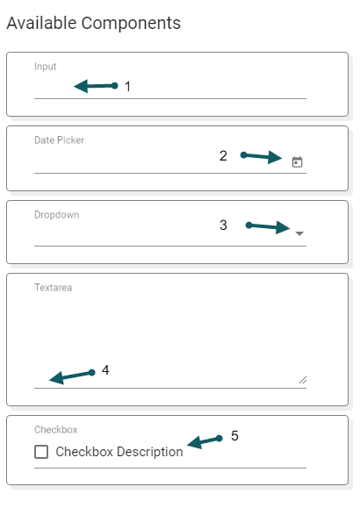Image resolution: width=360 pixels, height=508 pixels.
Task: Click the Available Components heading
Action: click(94, 24)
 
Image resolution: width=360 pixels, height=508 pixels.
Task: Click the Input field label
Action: click(45, 67)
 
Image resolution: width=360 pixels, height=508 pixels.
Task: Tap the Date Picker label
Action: click(59, 140)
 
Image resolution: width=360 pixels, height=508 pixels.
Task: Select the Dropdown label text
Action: click(57, 215)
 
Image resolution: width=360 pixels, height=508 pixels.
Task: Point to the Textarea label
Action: click(54, 288)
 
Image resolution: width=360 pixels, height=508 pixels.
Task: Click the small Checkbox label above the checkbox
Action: click(56, 430)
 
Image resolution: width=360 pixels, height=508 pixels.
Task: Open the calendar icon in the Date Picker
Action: click(297, 161)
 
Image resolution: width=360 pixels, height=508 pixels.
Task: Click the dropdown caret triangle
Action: click(299, 233)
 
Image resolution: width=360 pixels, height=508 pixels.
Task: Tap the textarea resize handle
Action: click(303, 380)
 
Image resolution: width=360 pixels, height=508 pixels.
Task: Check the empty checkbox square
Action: click(41, 452)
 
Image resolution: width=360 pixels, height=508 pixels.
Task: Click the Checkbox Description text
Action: click(119, 452)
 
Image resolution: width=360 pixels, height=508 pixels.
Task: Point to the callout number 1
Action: click(128, 87)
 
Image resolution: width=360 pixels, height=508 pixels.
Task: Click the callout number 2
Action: click(223, 156)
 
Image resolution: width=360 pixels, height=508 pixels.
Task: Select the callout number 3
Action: click(223, 225)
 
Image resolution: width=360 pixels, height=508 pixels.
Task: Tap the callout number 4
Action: click(105, 370)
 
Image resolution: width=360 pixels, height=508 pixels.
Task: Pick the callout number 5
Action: click(234, 436)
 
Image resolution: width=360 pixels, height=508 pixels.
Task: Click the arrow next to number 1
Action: click(96, 86)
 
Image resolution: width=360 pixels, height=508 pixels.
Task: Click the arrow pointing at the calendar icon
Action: click(261, 157)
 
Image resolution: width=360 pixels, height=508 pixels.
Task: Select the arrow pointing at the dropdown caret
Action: click(268, 226)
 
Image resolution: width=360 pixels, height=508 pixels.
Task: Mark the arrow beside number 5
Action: click(205, 441)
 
